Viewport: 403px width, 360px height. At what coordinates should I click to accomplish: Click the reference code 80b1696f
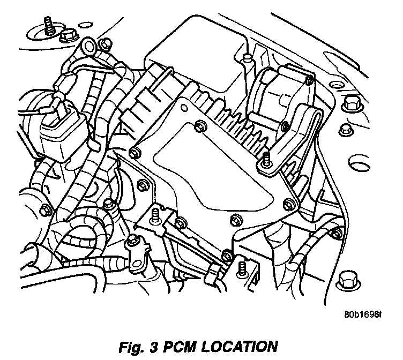coord(362,314)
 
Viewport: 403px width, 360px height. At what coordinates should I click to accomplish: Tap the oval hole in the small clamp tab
coord(133,251)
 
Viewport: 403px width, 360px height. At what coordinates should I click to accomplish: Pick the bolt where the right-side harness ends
coord(337,231)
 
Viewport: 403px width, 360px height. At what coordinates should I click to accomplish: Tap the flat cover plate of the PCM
coord(214,171)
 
